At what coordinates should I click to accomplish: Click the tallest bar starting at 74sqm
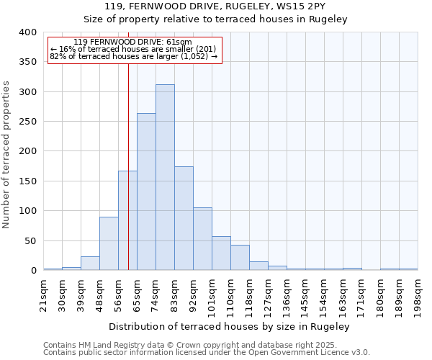coord(165,177)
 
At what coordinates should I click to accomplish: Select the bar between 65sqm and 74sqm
coord(146,192)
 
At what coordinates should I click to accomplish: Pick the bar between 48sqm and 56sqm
coord(109,243)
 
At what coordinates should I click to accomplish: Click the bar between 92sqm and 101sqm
coord(202,239)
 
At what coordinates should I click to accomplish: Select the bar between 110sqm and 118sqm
coord(240,258)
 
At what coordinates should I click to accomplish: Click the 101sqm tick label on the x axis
coord(212,293)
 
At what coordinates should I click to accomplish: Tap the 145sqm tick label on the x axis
coord(305,293)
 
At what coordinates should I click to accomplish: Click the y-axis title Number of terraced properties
coord(6,155)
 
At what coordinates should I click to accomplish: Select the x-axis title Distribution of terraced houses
coord(230,326)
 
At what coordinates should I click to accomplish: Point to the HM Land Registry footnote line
coord(206,345)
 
